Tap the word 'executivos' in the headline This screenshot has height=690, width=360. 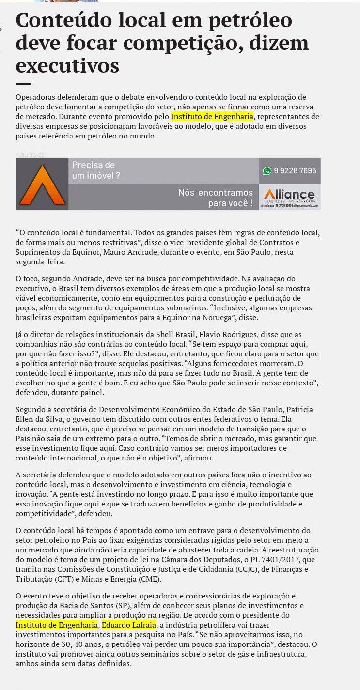(67, 65)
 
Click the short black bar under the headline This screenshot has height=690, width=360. (23, 84)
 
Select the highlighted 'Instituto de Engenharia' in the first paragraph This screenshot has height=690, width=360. (212, 117)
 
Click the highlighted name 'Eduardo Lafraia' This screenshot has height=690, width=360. (129, 625)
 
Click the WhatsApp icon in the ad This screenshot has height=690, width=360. (267, 170)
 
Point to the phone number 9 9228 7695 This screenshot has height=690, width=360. (295, 170)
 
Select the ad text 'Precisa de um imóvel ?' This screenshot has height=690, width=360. (96, 170)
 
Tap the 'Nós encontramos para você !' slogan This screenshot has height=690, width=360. (216, 198)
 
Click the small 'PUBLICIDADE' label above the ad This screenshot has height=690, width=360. (30, 155)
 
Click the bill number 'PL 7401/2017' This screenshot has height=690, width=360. (268, 560)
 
